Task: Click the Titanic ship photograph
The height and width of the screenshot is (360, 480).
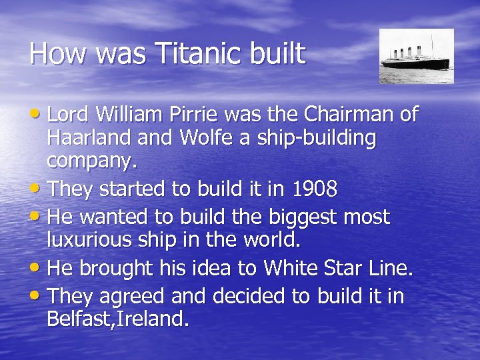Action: (x=416, y=56)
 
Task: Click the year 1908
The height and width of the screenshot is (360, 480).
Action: (x=315, y=189)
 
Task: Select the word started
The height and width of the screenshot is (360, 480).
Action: (x=133, y=189)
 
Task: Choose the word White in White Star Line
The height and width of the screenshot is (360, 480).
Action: (x=291, y=268)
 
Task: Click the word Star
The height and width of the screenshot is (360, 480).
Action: (x=347, y=268)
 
